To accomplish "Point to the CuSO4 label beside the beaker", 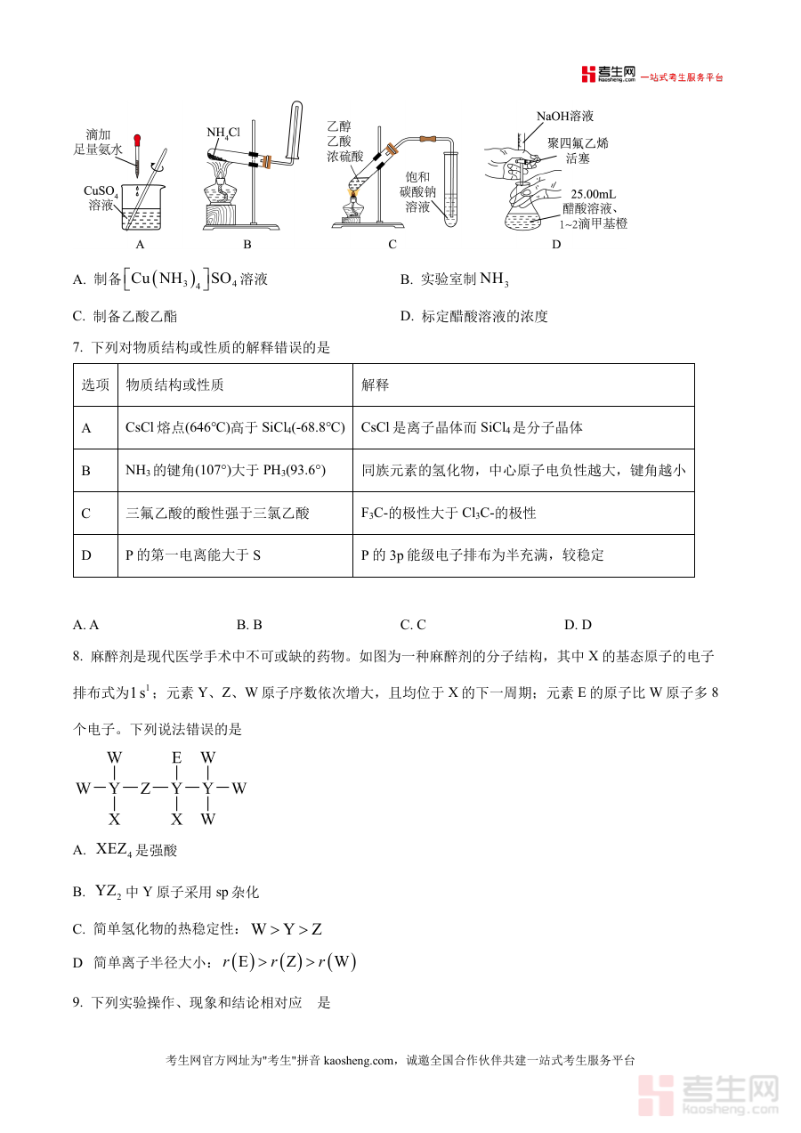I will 101,191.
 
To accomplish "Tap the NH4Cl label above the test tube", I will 223,133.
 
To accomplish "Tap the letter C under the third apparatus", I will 392,244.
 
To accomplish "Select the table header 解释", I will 376,384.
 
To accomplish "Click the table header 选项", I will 95,384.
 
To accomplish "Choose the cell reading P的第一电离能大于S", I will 193,555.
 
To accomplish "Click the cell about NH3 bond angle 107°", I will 226,470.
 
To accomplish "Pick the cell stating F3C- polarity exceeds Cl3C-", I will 449,513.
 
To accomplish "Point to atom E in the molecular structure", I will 177,757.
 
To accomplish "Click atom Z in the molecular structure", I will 145,789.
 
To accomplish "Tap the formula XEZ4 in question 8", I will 113,850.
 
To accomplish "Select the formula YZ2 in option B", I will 107,891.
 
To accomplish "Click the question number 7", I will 77,348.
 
